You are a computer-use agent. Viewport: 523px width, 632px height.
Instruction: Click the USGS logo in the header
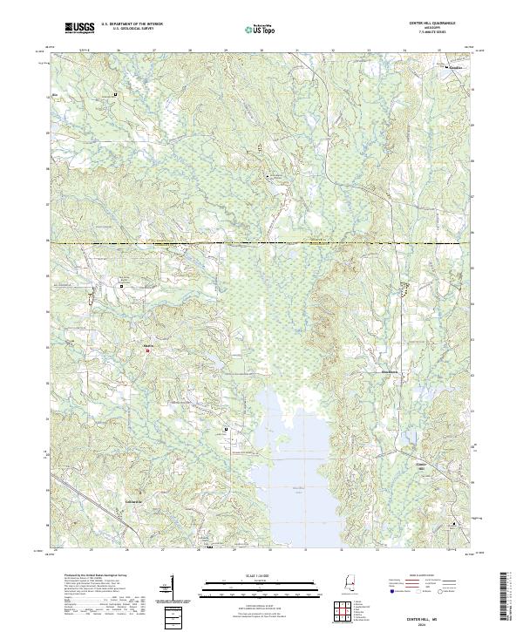[79, 28]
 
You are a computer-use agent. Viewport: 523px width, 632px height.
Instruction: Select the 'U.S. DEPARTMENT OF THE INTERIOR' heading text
[131, 24]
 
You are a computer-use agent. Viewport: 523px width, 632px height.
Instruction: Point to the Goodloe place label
[457, 66]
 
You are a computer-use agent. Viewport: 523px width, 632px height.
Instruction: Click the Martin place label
[147, 345]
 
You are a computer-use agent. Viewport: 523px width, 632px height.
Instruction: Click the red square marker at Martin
[147, 351]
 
